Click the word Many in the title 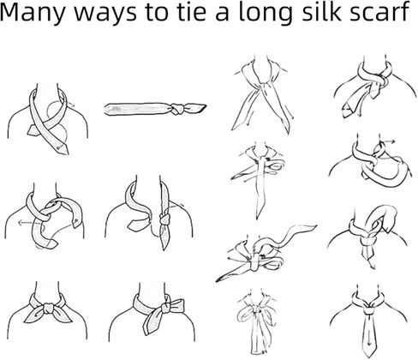pyautogui.click(x=33, y=13)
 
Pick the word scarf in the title pyautogui.click(x=379, y=12)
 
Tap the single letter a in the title pyautogui.click(x=222, y=15)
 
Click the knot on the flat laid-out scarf pyautogui.click(x=177, y=109)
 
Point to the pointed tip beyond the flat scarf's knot pyautogui.click(x=205, y=105)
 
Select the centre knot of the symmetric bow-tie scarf pyautogui.click(x=47, y=309)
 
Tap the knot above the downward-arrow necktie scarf pyautogui.click(x=368, y=310)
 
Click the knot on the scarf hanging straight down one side pyautogui.click(x=164, y=219)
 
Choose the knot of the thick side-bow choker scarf pyautogui.click(x=166, y=308)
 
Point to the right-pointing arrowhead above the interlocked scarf pyautogui.click(x=393, y=141)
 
